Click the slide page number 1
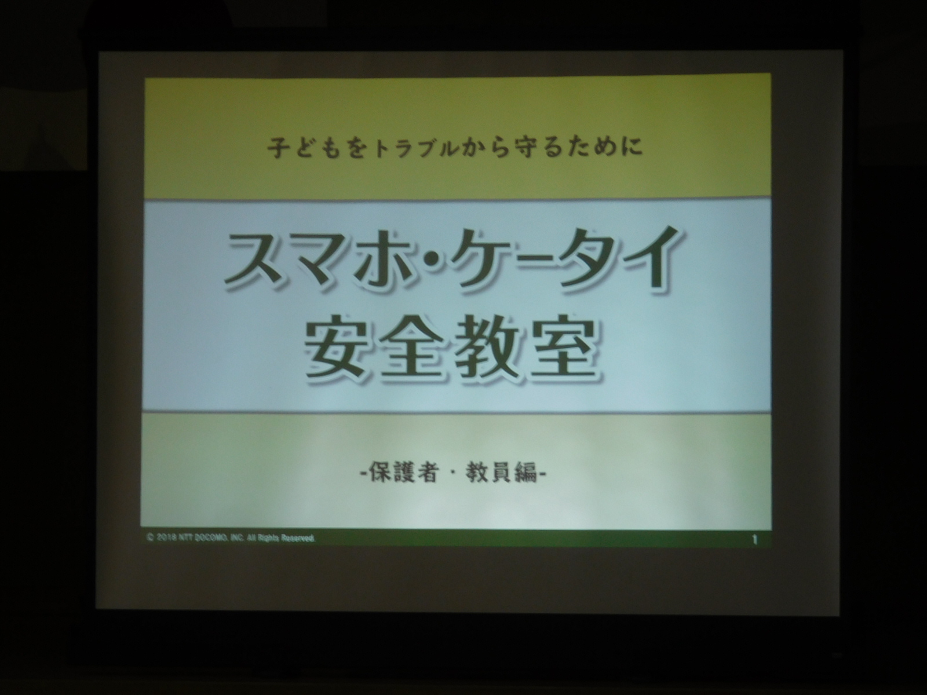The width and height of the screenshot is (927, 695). [754, 540]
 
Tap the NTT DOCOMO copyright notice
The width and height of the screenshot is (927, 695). [231, 539]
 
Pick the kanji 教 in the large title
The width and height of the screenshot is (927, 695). [488, 349]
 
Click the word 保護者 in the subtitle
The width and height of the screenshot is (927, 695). [402, 473]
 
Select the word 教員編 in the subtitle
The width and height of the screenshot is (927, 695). [502, 473]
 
